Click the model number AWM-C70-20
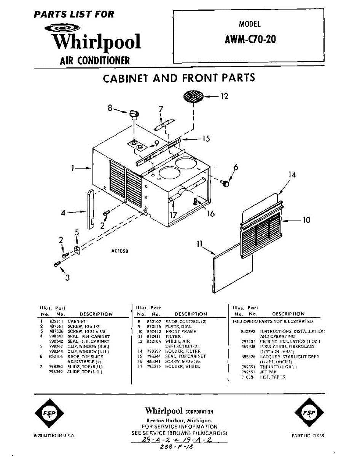click(x=250, y=39)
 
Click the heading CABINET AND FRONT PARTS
click(x=179, y=78)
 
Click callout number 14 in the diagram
click(x=292, y=175)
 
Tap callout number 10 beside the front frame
click(x=306, y=220)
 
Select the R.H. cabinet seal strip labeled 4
click(x=91, y=209)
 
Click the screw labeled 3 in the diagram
click(x=57, y=264)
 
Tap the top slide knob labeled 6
click(x=226, y=183)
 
